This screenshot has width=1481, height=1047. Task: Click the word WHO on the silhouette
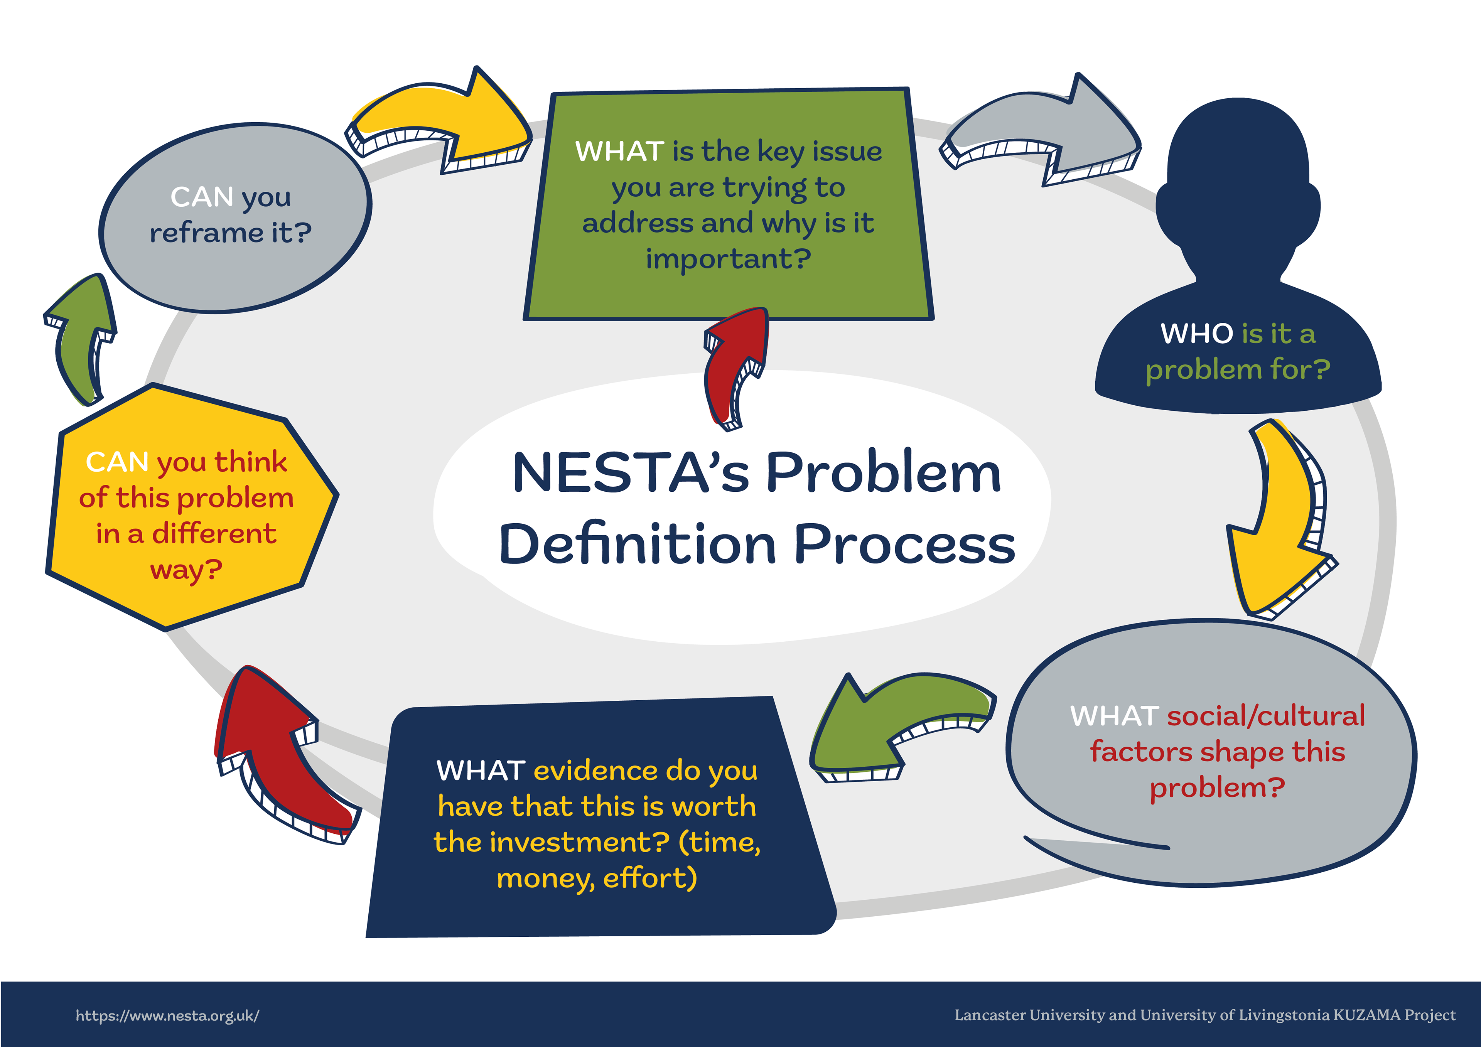tap(1196, 334)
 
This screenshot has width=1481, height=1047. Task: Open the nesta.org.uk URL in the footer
tap(168, 1015)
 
